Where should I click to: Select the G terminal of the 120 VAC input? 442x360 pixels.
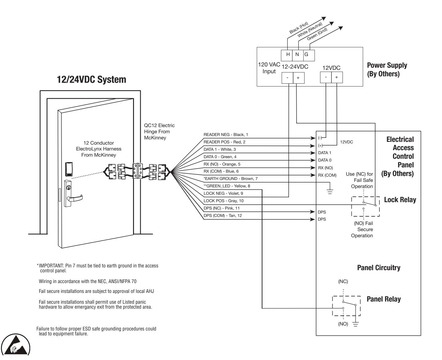[x=309, y=55]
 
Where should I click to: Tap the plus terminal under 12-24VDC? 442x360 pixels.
[x=298, y=78]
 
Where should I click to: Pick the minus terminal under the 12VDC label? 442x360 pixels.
[x=326, y=77]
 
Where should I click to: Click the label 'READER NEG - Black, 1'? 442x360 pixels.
[x=226, y=134]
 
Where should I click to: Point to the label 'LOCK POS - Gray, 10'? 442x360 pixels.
[x=223, y=201]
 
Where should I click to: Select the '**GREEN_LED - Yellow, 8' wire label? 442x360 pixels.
[x=227, y=186]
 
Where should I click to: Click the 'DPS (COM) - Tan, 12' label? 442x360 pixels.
[x=223, y=215]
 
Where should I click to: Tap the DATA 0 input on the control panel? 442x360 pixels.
[x=325, y=160]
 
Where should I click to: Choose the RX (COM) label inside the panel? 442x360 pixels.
[x=327, y=175]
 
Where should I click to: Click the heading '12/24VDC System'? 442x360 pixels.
[x=91, y=80]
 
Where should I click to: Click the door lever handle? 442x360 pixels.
[x=75, y=198]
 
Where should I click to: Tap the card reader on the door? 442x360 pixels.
[x=69, y=169]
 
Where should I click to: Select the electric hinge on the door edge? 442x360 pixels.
[x=138, y=171]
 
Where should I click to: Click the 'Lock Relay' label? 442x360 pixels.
[x=400, y=200]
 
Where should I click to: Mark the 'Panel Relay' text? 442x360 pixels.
[x=383, y=299]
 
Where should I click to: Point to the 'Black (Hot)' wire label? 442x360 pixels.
[x=298, y=28]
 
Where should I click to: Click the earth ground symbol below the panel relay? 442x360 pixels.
[x=355, y=324]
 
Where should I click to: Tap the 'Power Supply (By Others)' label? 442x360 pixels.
[x=387, y=70]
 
